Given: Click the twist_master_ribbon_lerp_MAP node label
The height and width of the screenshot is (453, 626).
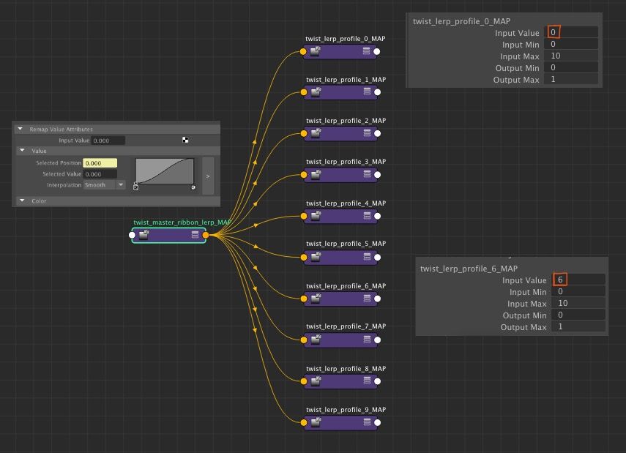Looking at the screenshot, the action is pyautogui.click(x=182, y=222).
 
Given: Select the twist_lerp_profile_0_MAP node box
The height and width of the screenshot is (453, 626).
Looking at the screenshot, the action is pyautogui.click(x=340, y=51).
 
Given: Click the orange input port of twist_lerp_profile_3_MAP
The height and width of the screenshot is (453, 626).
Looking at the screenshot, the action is pyautogui.click(x=304, y=175).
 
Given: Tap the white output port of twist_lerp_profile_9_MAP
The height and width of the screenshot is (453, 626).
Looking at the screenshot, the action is pyautogui.click(x=377, y=422).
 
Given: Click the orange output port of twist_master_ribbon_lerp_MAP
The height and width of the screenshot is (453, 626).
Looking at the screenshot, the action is pyautogui.click(x=206, y=235).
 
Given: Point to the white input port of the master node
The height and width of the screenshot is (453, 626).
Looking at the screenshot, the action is pyautogui.click(x=132, y=235).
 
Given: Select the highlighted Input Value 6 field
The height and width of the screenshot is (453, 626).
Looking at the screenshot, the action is pyautogui.click(x=560, y=280).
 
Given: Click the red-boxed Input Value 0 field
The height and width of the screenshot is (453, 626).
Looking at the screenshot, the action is pyautogui.click(x=554, y=32).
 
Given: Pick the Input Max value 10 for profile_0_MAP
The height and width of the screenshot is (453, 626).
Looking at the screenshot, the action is pyautogui.click(x=555, y=56).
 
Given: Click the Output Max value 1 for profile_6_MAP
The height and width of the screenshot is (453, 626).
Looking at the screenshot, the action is pyautogui.click(x=561, y=326).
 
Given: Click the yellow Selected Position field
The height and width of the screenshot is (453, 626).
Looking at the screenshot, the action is pyautogui.click(x=100, y=163).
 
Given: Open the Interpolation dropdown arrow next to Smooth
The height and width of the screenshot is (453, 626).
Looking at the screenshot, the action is pyautogui.click(x=121, y=185).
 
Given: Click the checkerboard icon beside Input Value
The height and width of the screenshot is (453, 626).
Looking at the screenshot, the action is pyautogui.click(x=186, y=140).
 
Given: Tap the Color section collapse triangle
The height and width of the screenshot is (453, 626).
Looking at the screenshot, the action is pyautogui.click(x=23, y=201).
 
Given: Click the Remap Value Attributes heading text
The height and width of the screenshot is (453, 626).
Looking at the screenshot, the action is pyautogui.click(x=61, y=129).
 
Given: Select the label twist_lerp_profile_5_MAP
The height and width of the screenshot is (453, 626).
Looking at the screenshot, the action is pyautogui.click(x=346, y=244).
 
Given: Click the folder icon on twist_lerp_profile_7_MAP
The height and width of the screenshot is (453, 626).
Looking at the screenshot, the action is pyautogui.click(x=316, y=340).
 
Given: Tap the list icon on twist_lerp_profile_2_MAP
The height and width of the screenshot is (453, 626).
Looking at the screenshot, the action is pyautogui.click(x=368, y=133).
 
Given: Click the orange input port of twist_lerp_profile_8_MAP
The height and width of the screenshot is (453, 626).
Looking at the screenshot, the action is pyautogui.click(x=304, y=381).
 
